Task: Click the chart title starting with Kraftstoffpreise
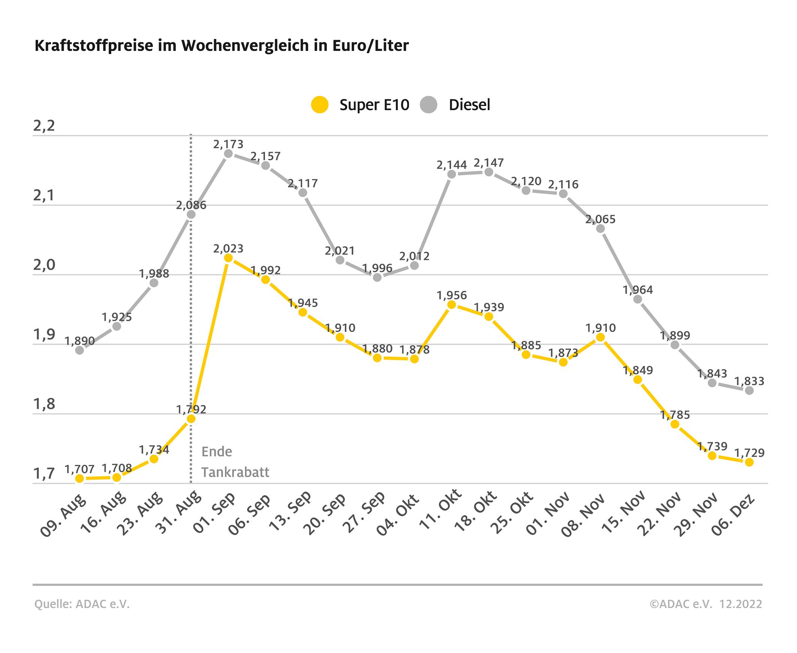coord(221,46)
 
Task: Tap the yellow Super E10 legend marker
coord(320,105)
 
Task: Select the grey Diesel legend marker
coord(428,105)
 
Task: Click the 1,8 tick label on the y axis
coord(44,405)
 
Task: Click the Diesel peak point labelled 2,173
coord(228,154)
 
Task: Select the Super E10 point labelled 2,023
coord(228,258)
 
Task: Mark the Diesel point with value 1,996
coord(377,278)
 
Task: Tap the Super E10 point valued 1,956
coord(452,305)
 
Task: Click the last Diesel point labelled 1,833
coord(749,390)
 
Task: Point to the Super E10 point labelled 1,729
coord(749,462)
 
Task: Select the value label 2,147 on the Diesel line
coord(488,163)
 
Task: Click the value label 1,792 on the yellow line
coord(191,409)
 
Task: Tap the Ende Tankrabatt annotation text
coord(235,462)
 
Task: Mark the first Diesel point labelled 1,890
coord(79,350)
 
